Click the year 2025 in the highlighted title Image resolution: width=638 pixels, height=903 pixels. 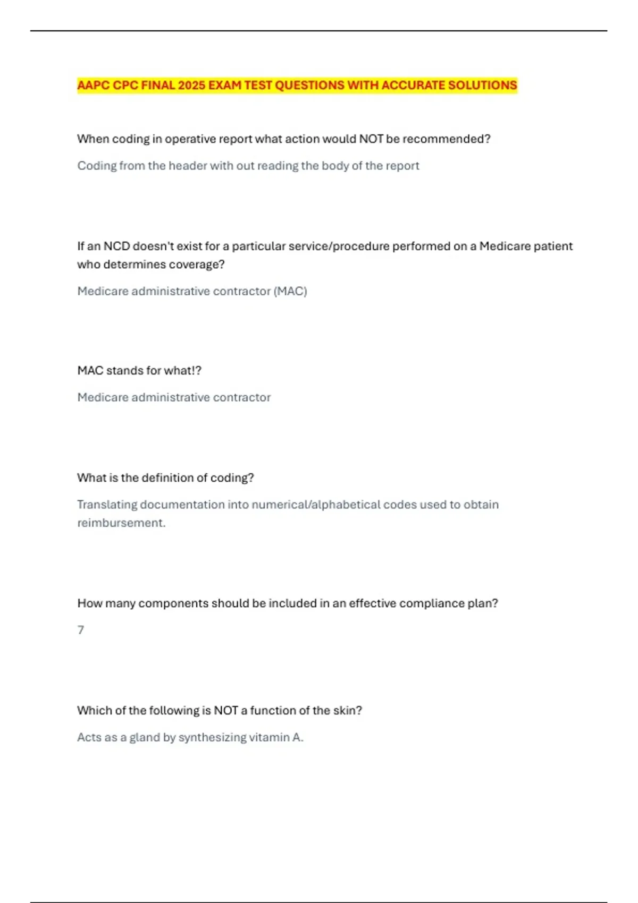(191, 86)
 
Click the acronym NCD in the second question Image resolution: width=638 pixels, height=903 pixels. (116, 246)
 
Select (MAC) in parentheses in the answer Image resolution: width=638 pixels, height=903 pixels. (290, 291)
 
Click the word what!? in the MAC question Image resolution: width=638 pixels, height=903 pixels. (182, 371)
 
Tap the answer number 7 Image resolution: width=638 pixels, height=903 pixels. (81, 631)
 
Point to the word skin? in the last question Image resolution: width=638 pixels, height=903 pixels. (347, 711)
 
